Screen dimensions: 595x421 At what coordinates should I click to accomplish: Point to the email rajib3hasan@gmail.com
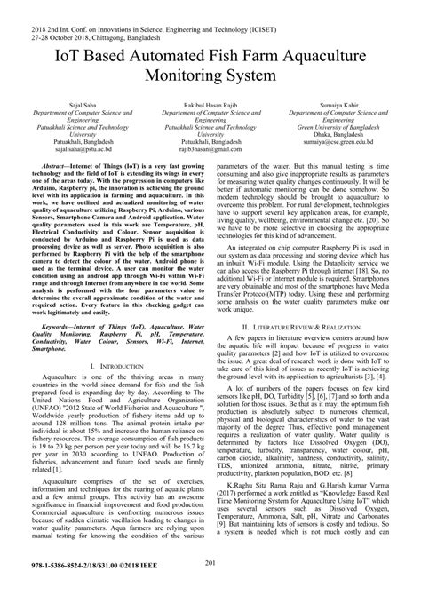pyautogui.click(x=210, y=151)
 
